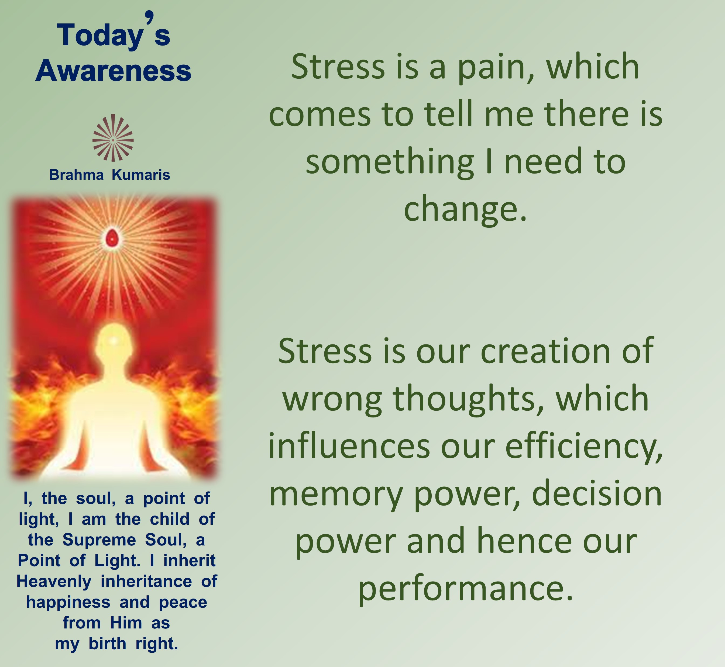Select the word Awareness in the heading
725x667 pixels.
click(113, 70)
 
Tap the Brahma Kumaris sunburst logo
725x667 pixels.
click(113, 138)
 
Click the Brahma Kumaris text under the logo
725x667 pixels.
click(109, 175)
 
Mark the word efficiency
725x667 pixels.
click(584, 448)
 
